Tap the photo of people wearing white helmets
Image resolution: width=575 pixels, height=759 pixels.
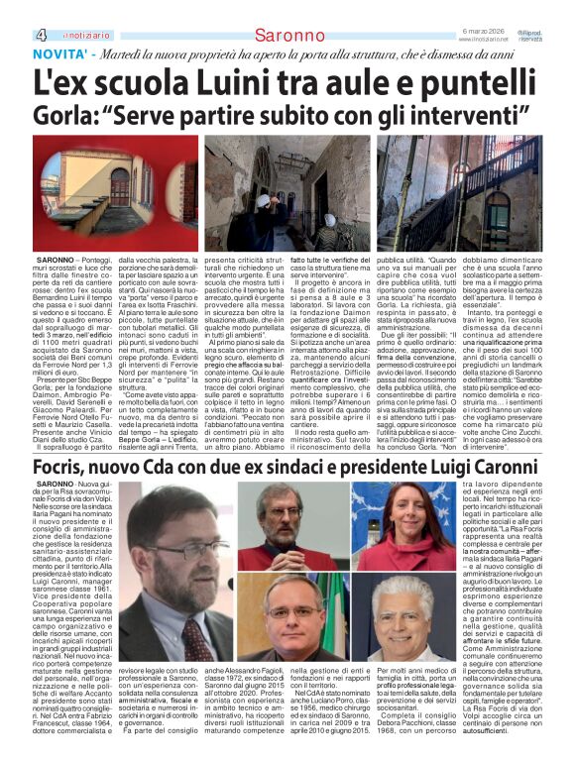287,193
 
